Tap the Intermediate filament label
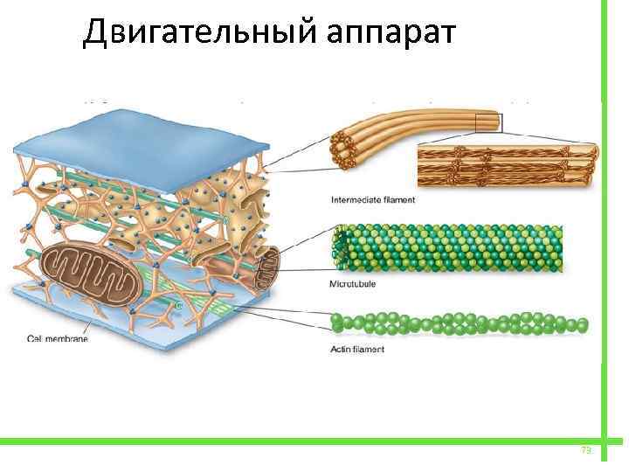(x=373, y=199)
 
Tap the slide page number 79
(x=586, y=450)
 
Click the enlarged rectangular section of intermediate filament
(x=506, y=166)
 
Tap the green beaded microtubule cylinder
(x=454, y=248)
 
